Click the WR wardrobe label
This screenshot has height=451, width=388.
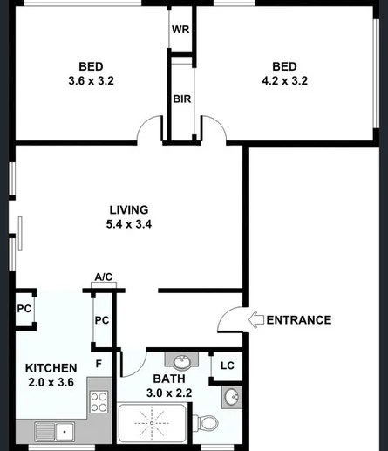[x=180, y=29]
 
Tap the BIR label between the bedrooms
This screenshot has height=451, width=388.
[x=181, y=99]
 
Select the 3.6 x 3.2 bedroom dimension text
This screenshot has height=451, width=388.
[x=92, y=81]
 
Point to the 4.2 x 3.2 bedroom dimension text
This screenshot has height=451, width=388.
[x=284, y=81]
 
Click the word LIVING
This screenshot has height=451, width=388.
[x=128, y=209]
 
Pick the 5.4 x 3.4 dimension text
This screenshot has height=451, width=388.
[x=128, y=224]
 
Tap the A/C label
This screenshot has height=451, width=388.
[x=104, y=277]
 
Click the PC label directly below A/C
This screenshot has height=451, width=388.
[x=102, y=320]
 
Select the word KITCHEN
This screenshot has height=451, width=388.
[x=51, y=367]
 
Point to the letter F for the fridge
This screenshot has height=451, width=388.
[x=99, y=363]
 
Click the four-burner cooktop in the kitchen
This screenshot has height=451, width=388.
[x=99, y=403]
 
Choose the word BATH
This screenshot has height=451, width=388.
[x=167, y=379]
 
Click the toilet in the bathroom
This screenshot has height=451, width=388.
[x=207, y=424]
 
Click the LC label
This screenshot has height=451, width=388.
[x=226, y=366]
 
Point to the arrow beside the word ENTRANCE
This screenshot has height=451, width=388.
[x=255, y=319]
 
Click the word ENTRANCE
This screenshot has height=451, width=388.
[x=298, y=319]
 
